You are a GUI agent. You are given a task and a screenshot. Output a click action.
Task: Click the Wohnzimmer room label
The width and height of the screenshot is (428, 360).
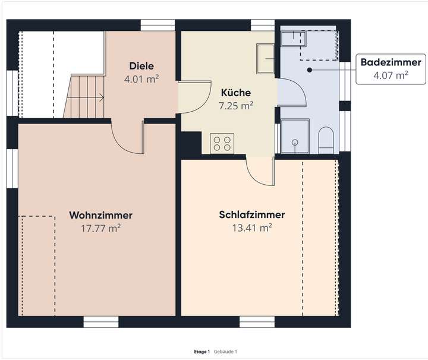[x=100, y=214]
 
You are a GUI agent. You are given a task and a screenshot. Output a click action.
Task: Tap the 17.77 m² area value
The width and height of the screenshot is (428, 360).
[x=100, y=227]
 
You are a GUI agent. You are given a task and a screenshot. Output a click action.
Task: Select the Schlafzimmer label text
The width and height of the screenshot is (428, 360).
[x=251, y=214]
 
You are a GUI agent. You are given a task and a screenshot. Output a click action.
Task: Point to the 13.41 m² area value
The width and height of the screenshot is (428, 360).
[x=251, y=227]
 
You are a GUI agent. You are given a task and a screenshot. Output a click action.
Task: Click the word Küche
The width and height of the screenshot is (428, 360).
[x=236, y=93]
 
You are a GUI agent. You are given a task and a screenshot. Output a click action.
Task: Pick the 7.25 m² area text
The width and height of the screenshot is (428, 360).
[x=236, y=105]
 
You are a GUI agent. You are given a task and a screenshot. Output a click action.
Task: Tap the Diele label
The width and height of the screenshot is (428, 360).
[x=141, y=66]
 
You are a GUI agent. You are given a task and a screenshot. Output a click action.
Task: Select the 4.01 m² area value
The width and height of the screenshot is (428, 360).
[x=141, y=78]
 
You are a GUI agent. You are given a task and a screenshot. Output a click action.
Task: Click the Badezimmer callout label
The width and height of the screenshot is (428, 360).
[x=389, y=62]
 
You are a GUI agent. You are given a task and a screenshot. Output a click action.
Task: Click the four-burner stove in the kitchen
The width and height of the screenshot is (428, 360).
[x=222, y=143]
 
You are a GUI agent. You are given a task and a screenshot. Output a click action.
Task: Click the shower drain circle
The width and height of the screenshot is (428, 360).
[x=295, y=143]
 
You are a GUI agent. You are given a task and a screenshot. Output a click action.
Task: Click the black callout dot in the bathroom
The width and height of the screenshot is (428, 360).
[x=310, y=70]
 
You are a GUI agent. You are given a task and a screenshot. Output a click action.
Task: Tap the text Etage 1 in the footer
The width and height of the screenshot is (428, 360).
[x=202, y=352]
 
